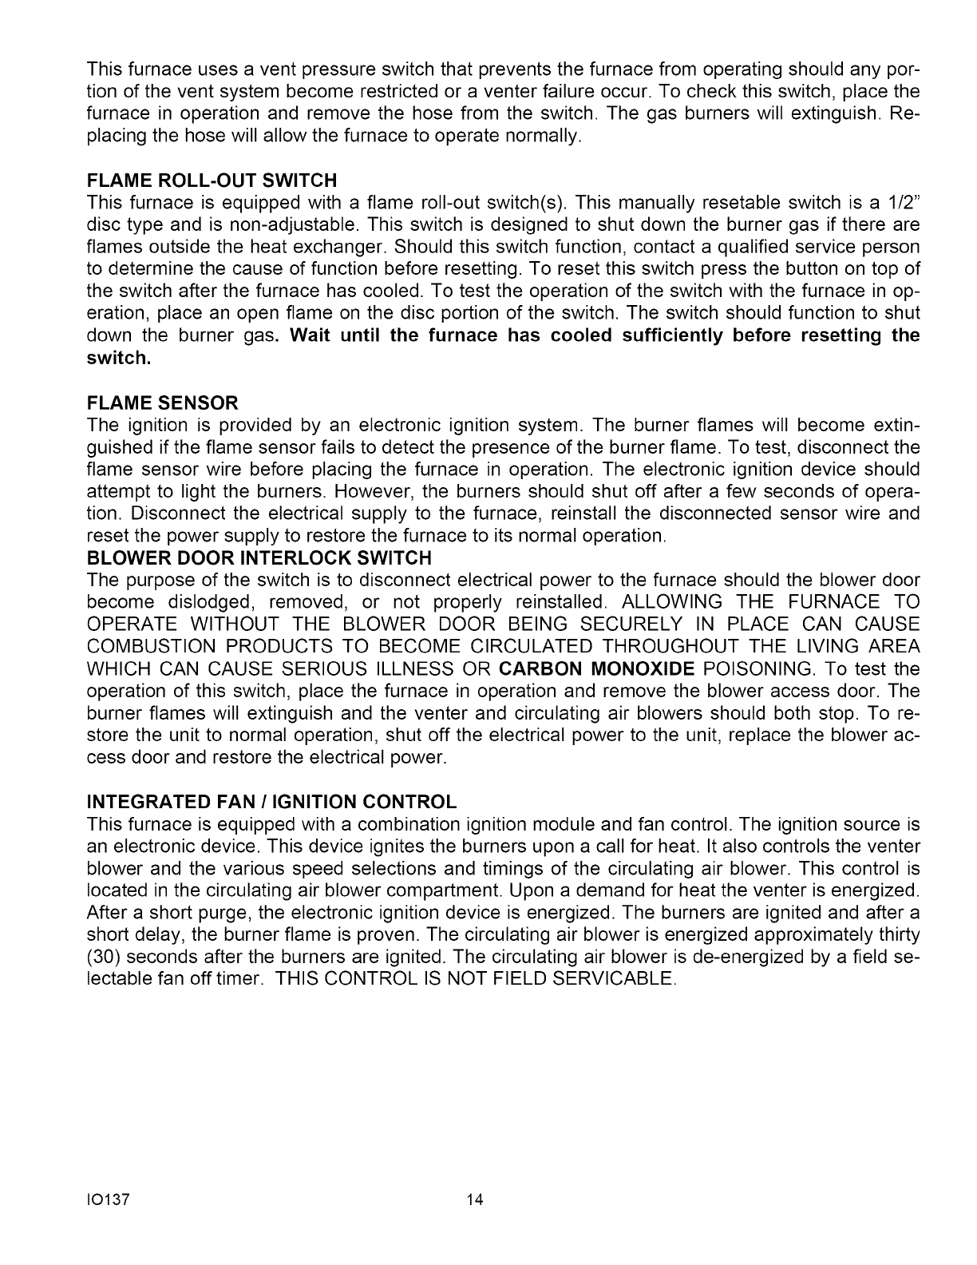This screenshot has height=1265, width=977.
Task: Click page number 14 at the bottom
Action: (476, 1200)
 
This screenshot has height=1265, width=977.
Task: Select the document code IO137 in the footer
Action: (108, 1200)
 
